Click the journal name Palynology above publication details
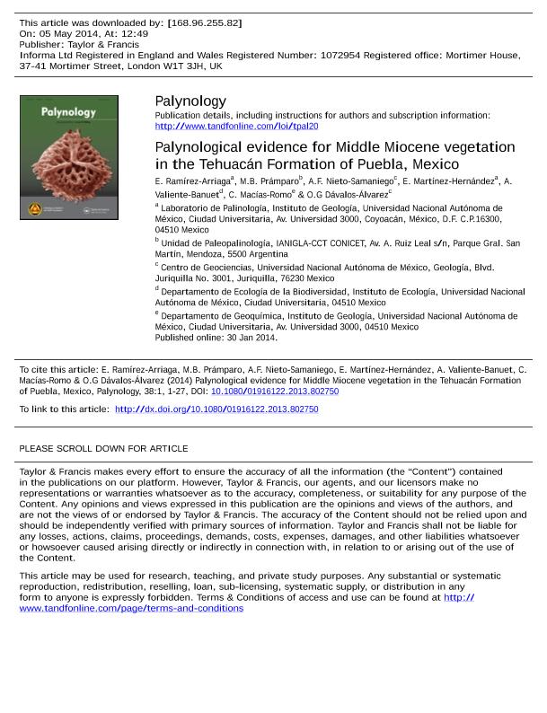(x=190, y=101)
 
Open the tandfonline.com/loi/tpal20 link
(x=236, y=127)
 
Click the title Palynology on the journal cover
(x=68, y=112)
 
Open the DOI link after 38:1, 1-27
(x=275, y=392)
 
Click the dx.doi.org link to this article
(x=216, y=409)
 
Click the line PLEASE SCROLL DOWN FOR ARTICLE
(x=103, y=448)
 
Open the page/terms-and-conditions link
(x=131, y=608)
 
